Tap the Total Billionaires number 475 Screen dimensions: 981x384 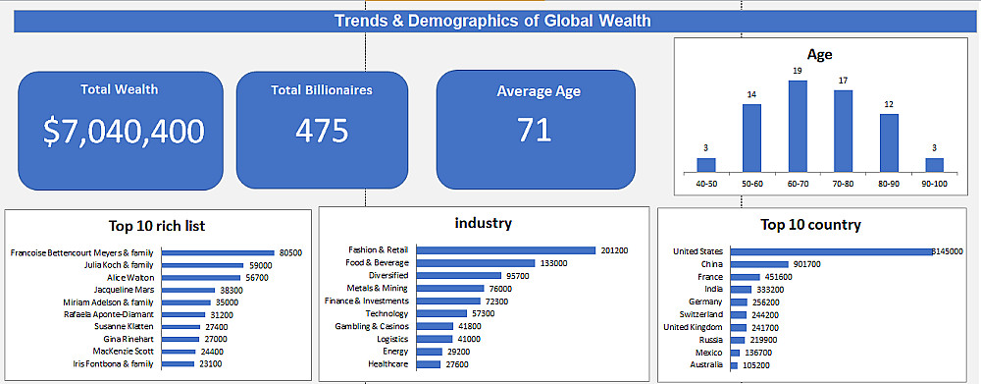(x=322, y=131)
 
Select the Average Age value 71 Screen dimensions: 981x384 (x=535, y=131)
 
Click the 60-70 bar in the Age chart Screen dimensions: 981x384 (x=798, y=127)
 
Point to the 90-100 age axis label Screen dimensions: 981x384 (x=934, y=184)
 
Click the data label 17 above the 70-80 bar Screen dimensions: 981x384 (x=844, y=81)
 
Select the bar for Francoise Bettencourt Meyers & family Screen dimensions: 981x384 (x=219, y=253)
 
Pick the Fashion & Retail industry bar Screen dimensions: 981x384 (x=505, y=250)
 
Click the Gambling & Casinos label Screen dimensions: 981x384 (x=372, y=326)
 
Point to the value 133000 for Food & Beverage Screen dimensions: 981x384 (x=553, y=263)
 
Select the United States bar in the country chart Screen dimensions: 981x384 (x=832, y=251)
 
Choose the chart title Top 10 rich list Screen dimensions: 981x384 (x=156, y=226)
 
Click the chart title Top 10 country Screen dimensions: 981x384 (x=811, y=224)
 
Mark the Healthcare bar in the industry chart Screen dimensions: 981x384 (x=429, y=364)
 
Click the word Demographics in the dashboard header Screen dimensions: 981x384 (x=463, y=21)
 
